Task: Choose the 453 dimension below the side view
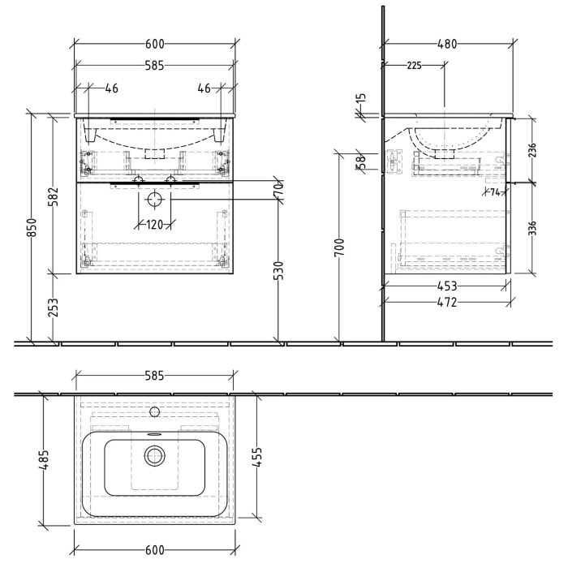pos(447,286)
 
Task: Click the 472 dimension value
pos(447,302)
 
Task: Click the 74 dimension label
pos(494,192)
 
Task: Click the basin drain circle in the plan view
pos(154,457)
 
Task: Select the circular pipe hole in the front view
pos(155,198)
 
